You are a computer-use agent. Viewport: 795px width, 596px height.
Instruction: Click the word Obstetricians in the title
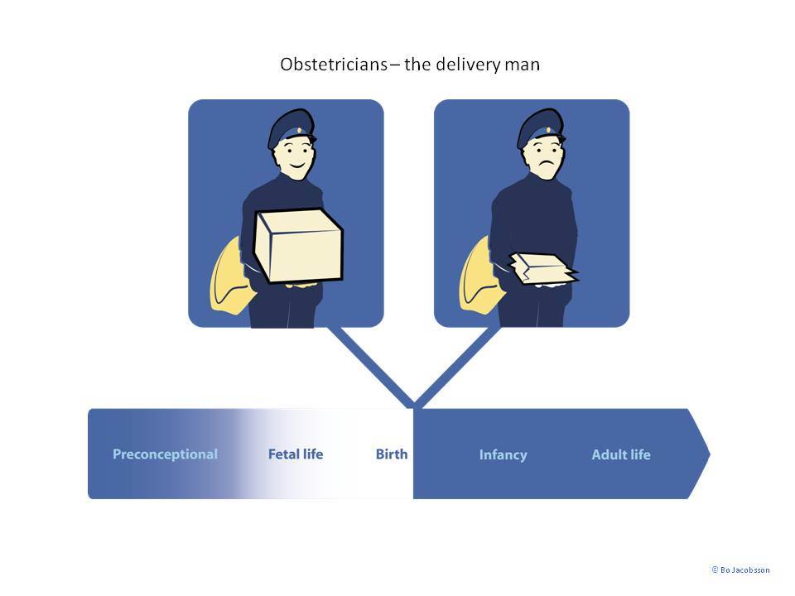[334, 65]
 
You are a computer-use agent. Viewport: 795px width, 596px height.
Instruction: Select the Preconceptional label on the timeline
[166, 454]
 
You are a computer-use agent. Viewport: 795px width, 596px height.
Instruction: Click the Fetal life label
[296, 454]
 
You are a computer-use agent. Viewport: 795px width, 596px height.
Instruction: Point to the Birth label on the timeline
[392, 454]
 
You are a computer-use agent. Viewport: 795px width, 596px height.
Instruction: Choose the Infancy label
[503, 454]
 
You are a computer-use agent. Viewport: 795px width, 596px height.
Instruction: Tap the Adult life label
[621, 454]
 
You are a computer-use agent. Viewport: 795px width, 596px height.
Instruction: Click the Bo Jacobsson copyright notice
[740, 570]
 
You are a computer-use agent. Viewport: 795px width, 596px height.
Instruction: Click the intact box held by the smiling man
[299, 246]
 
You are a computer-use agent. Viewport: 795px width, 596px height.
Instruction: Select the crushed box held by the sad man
[543, 268]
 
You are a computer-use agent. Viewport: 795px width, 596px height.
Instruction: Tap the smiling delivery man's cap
[290, 127]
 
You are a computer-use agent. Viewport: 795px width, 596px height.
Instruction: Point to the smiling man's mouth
[296, 166]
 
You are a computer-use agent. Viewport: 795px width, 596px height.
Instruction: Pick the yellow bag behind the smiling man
[229, 276]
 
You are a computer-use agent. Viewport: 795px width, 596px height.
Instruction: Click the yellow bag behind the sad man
[479, 276]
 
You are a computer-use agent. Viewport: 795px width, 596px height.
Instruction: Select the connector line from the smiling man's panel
[371, 368]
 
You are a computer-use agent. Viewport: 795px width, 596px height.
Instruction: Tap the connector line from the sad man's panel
[457, 368]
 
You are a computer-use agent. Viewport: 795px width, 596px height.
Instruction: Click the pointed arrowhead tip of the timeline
[710, 454]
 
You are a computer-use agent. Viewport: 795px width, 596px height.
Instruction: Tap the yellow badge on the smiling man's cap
[299, 130]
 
